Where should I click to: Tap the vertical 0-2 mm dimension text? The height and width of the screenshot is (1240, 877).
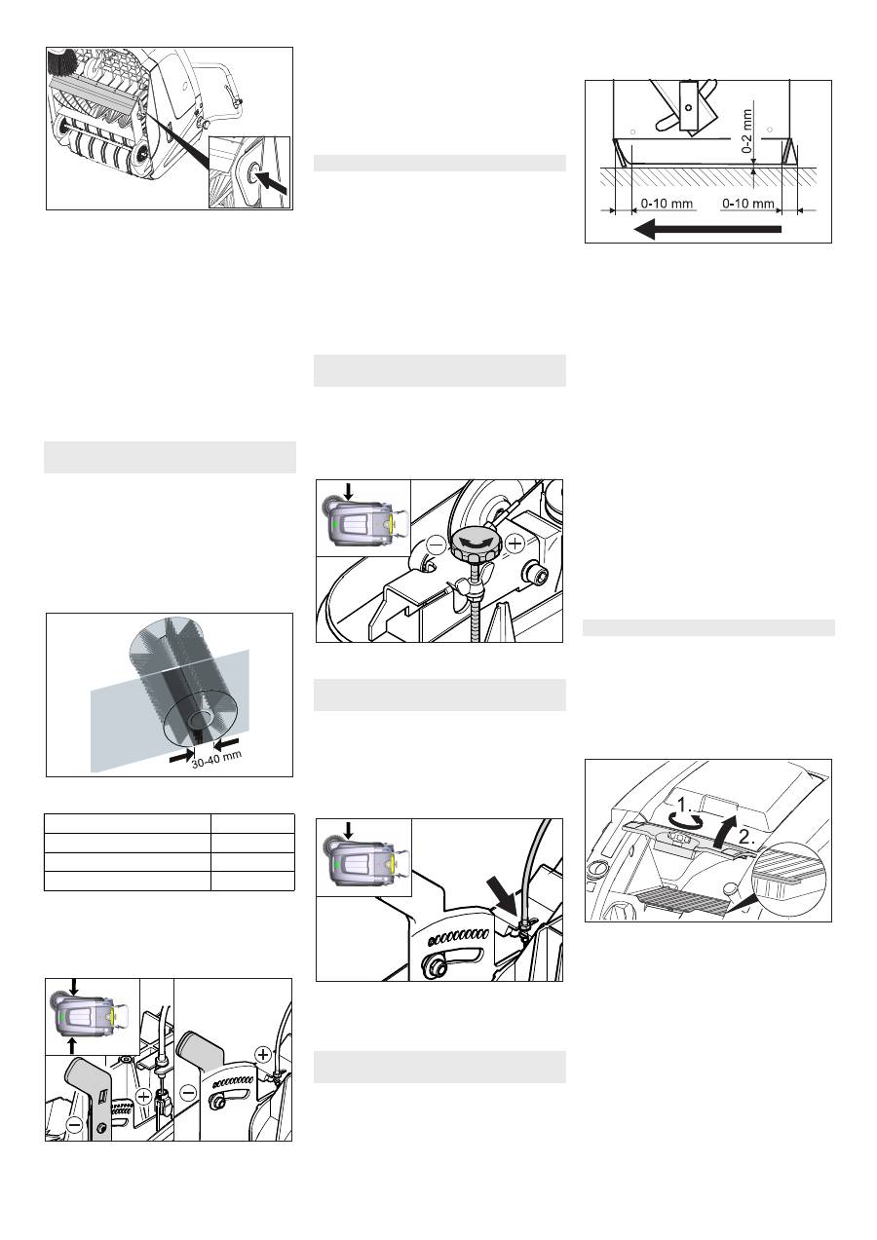pyautogui.click(x=747, y=131)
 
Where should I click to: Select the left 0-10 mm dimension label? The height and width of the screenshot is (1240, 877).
pyautogui.click(x=667, y=204)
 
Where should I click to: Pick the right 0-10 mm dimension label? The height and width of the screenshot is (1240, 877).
pyautogui.click(x=748, y=204)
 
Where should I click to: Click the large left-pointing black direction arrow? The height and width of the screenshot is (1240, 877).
pyautogui.click(x=707, y=229)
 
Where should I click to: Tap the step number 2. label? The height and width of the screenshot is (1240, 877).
pyautogui.click(x=746, y=837)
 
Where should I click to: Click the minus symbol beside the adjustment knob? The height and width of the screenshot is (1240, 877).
pyautogui.click(x=437, y=545)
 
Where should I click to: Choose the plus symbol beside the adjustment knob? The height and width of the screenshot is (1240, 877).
pyautogui.click(x=515, y=545)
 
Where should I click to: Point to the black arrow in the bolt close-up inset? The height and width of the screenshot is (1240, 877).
pyautogui.click(x=273, y=182)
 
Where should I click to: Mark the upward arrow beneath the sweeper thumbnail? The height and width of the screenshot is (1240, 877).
pyautogui.click(x=71, y=1046)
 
